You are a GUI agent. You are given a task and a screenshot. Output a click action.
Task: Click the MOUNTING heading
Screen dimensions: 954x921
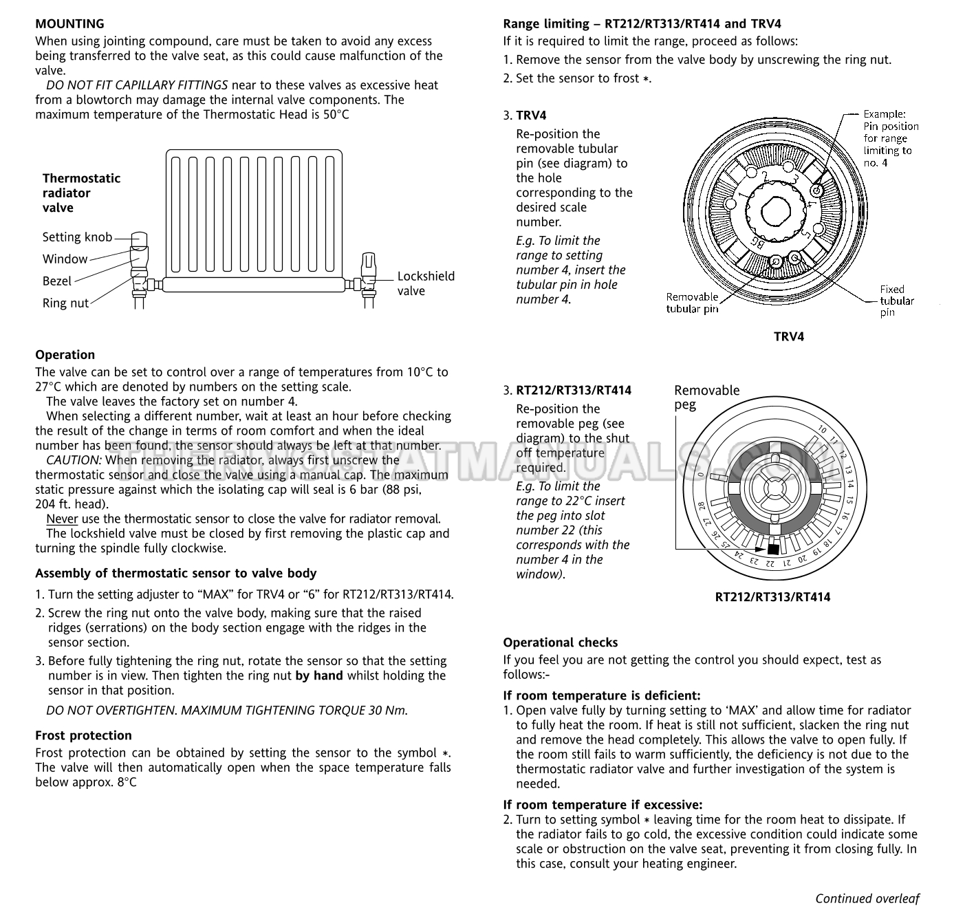coord(69,23)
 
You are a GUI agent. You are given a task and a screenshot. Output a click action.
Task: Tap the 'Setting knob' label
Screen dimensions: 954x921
coord(78,237)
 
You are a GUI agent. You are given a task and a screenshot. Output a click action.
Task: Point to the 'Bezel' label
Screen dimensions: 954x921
coord(57,281)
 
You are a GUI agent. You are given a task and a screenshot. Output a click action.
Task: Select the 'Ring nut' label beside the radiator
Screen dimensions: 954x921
coord(66,303)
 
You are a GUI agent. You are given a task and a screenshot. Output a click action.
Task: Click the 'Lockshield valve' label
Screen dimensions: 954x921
coord(426,283)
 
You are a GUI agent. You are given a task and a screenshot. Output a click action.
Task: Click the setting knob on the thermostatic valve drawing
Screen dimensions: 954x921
coord(139,239)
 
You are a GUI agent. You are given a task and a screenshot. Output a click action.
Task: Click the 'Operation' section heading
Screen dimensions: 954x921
coord(65,354)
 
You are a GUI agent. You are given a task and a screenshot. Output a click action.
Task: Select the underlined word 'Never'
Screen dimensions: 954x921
coord(63,519)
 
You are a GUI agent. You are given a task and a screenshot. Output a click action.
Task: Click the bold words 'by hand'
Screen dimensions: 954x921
coord(319,675)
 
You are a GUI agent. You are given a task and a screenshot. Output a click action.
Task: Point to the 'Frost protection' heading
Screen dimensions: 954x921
coord(83,735)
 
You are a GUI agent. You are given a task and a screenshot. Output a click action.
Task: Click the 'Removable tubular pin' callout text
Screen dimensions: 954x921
coord(692,303)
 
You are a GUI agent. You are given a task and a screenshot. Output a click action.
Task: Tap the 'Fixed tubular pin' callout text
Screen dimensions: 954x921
coord(897,301)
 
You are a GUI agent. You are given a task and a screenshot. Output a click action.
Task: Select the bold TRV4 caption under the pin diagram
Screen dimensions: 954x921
coord(789,337)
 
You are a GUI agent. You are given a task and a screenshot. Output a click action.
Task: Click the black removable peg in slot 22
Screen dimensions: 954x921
coord(773,549)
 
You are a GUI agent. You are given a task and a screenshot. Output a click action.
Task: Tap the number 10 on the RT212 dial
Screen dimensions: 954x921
coord(822,430)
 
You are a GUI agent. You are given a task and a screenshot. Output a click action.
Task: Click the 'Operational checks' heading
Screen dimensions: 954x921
coord(561,642)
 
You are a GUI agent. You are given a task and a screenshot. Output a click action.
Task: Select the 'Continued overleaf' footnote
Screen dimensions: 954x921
coord(867,898)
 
